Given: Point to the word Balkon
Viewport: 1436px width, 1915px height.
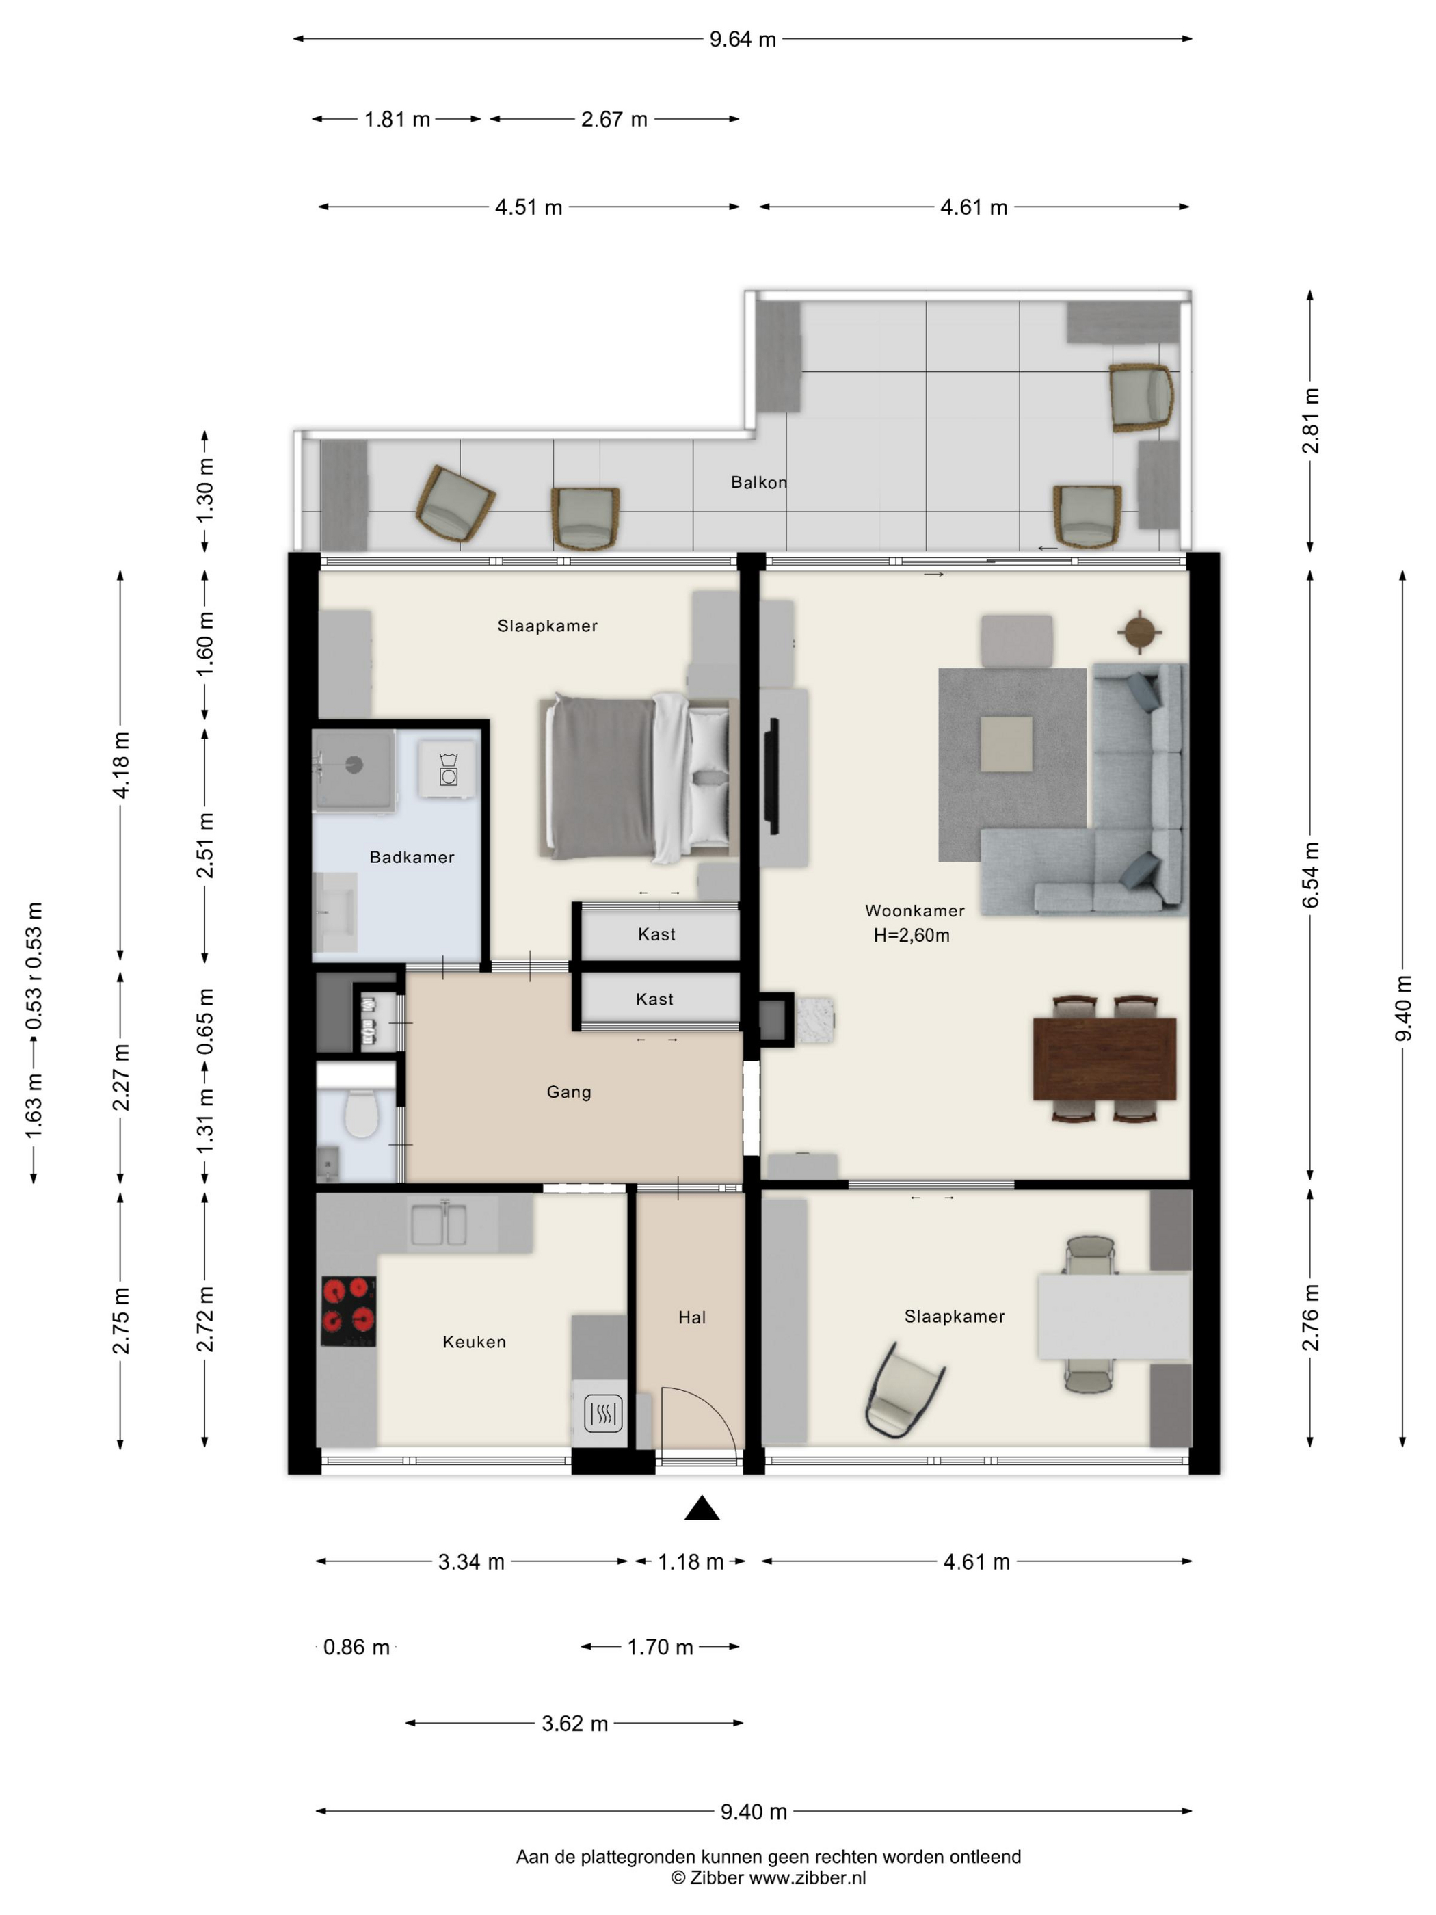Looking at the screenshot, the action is click(758, 482).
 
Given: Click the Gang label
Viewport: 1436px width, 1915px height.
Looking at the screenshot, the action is click(569, 1092).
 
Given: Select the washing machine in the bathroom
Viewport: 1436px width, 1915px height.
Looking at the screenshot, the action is click(447, 768).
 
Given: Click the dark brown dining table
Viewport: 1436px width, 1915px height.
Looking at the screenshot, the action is click(1104, 1059).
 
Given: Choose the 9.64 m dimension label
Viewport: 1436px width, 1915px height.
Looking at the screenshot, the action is click(743, 39).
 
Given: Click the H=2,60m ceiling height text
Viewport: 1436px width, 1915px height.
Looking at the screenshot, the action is click(911, 935).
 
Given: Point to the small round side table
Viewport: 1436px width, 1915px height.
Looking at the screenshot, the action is click(1139, 632).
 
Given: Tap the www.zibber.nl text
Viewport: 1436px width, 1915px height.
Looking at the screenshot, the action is click(807, 1878).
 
